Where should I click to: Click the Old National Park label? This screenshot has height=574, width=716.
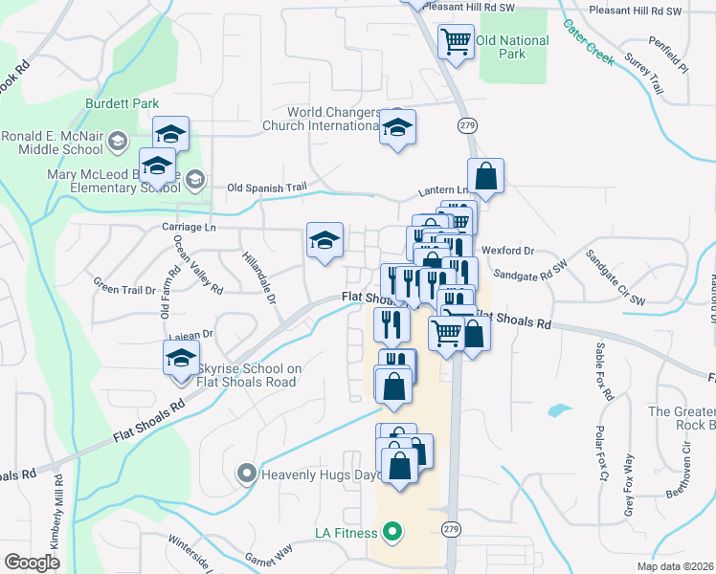(x=512, y=47)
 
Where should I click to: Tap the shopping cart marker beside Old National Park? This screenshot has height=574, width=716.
(x=456, y=41)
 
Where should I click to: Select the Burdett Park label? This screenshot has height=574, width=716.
(x=121, y=103)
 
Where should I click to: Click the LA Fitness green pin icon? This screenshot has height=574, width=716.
(x=392, y=532)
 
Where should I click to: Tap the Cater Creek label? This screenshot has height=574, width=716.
(x=587, y=40)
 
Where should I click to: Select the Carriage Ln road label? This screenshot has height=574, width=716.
(x=190, y=228)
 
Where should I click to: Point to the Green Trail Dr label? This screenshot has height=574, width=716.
(x=123, y=285)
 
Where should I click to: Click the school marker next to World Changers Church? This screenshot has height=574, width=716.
(x=397, y=126)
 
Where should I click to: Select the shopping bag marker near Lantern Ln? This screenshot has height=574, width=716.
(x=486, y=176)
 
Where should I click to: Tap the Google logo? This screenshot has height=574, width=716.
(x=33, y=562)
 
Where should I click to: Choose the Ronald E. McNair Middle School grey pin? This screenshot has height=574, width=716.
(x=118, y=143)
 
